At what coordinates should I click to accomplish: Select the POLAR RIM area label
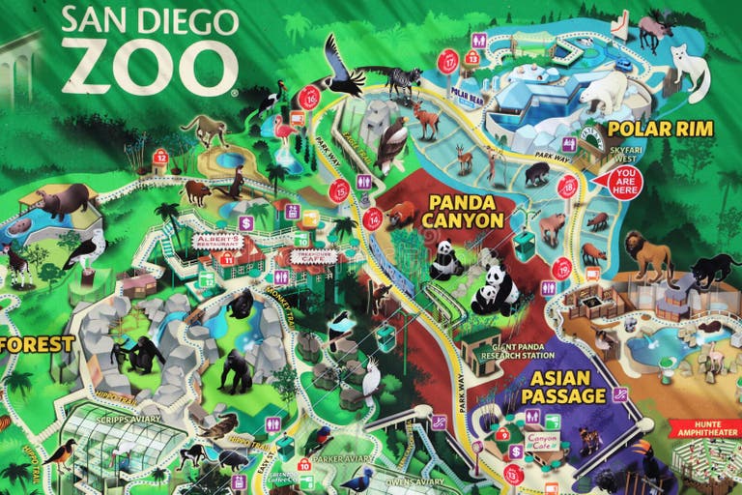[661, 129]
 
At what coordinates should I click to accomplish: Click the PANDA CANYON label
[463, 212]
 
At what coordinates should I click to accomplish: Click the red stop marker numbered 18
[567, 188]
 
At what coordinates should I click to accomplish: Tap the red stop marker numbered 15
[339, 190]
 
